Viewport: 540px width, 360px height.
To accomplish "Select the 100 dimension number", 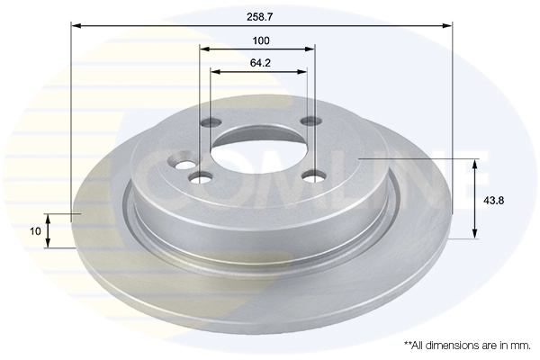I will click(261, 40).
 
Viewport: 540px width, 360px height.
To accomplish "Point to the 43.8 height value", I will click(496, 200).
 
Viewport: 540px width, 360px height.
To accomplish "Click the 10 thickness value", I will click(34, 230).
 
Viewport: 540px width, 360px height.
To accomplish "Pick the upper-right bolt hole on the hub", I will click(310, 121).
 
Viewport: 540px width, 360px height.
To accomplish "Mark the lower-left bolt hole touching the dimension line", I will click(201, 176).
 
